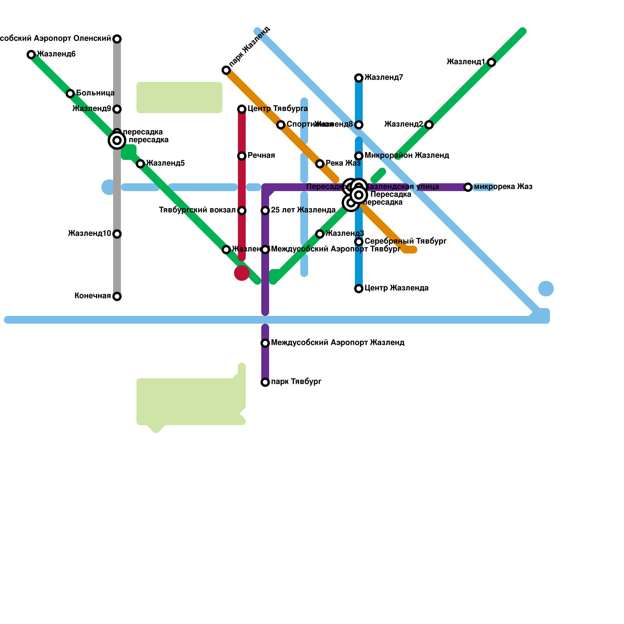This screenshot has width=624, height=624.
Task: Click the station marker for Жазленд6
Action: click(31, 55)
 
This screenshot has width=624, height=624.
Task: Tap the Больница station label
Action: click(95, 93)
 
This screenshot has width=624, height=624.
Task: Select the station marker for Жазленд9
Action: click(117, 109)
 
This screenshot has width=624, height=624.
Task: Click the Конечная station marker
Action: click(117, 296)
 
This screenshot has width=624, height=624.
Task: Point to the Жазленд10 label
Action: click(89, 234)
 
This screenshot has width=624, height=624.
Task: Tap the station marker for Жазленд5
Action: click(140, 164)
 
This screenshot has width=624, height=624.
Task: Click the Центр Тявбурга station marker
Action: click(242, 109)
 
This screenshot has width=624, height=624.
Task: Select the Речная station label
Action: click(261, 156)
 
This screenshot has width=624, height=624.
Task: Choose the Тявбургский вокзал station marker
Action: click(242, 211)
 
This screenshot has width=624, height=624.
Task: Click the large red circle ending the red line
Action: click(242, 273)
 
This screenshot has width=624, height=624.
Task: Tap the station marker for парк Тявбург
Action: click(265, 382)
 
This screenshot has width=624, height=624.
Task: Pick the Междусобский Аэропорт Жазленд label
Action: click(337, 343)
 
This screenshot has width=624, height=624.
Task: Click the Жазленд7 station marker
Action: click(359, 78)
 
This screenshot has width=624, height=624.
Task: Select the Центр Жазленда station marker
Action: click(359, 289)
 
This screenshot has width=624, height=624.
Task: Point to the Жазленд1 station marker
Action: click(491, 62)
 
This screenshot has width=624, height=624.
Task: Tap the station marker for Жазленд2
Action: click(429, 125)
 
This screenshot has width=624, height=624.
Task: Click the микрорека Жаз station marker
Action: click(468, 187)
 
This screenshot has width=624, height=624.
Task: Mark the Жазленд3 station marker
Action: click(320, 234)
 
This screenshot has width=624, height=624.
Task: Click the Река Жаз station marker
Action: click(320, 164)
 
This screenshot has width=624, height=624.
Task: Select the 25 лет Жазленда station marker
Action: click(265, 211)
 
